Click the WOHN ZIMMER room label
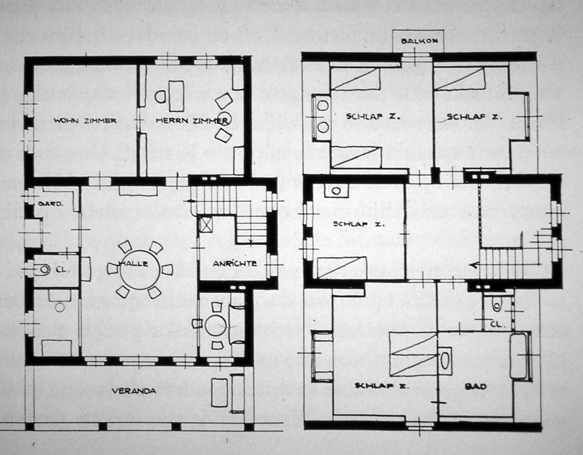[x=85, y=121]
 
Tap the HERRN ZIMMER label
[x=192, y=121]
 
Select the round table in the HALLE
[x=140, y=270]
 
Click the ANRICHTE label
[x=234, y=263]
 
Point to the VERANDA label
[x=134, y=391]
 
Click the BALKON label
[x=419, y=41]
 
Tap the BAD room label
[x=475, y=386]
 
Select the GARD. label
[x=51, y=204]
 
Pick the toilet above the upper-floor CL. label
[x=497, y=305]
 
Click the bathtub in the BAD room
[x=518, y=356]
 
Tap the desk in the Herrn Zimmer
[x=176, y=96]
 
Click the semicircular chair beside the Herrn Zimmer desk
[x=161, y=97]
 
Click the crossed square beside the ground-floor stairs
[x=205, y=224]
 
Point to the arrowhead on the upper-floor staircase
[x=473, y=265]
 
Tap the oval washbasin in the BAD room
[x=445, y=360]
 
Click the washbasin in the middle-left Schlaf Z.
[x=336, y=191]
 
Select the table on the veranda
[x=220, y=393]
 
